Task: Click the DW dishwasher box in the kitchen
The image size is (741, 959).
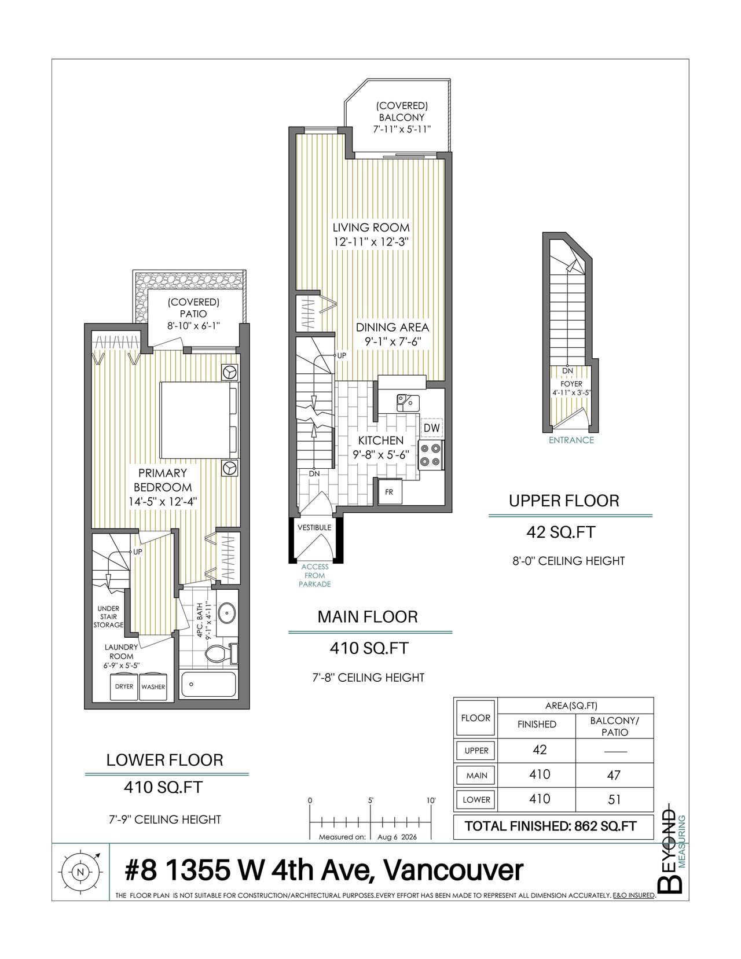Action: pos(432,427)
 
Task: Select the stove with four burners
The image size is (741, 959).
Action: pos(430,454)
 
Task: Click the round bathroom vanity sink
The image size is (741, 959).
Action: pos(227,612)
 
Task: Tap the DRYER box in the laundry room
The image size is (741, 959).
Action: pos(124,686)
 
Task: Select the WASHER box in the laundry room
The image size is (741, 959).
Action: pos(153,687)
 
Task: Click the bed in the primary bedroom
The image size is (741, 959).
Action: pos(199,421)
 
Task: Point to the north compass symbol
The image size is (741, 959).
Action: pos(80,872)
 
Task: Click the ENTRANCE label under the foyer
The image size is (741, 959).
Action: pos(571,440)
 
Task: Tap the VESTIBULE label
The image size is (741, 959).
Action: pos(314,527)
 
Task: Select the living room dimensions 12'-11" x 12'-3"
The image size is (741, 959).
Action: pos(371,242)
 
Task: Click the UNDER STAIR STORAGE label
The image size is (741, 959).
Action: pos(108,616)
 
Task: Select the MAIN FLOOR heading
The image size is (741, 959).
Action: pos(368,617)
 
